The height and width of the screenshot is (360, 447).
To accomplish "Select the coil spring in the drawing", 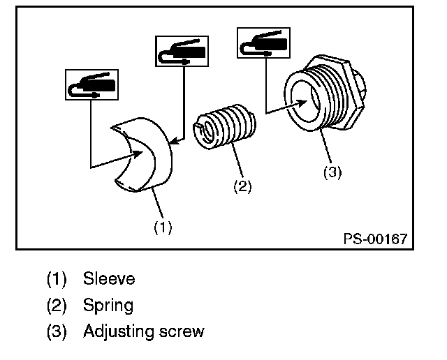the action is (x=224, y=126).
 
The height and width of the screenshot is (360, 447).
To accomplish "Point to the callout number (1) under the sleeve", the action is (x=163, y=227).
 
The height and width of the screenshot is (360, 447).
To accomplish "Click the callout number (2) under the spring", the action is (x=242, y=186).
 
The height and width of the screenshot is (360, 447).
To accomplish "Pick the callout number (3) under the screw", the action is (x=332, y=172).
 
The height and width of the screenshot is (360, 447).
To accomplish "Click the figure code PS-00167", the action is (x=376, y=239).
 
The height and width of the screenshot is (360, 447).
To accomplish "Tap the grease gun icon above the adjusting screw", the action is (x=264, y=43).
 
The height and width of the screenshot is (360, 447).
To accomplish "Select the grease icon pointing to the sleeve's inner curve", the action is (x=91, y=84).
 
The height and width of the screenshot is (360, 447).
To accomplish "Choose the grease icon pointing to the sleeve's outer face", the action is (x=182, y=51).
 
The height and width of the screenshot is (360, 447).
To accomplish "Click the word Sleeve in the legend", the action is (x=109, y=278).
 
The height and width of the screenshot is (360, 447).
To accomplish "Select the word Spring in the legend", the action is (x=108, y=306).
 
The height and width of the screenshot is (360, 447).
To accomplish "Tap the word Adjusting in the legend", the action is (x=119, y=332).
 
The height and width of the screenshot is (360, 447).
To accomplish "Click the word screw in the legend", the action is (x=182, y=332).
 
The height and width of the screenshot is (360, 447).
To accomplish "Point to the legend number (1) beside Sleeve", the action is (x=57, y=279).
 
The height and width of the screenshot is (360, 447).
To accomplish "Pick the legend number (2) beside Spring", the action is (x=57, y=306).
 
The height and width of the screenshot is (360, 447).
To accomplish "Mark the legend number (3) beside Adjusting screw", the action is (x=57, y=331).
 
